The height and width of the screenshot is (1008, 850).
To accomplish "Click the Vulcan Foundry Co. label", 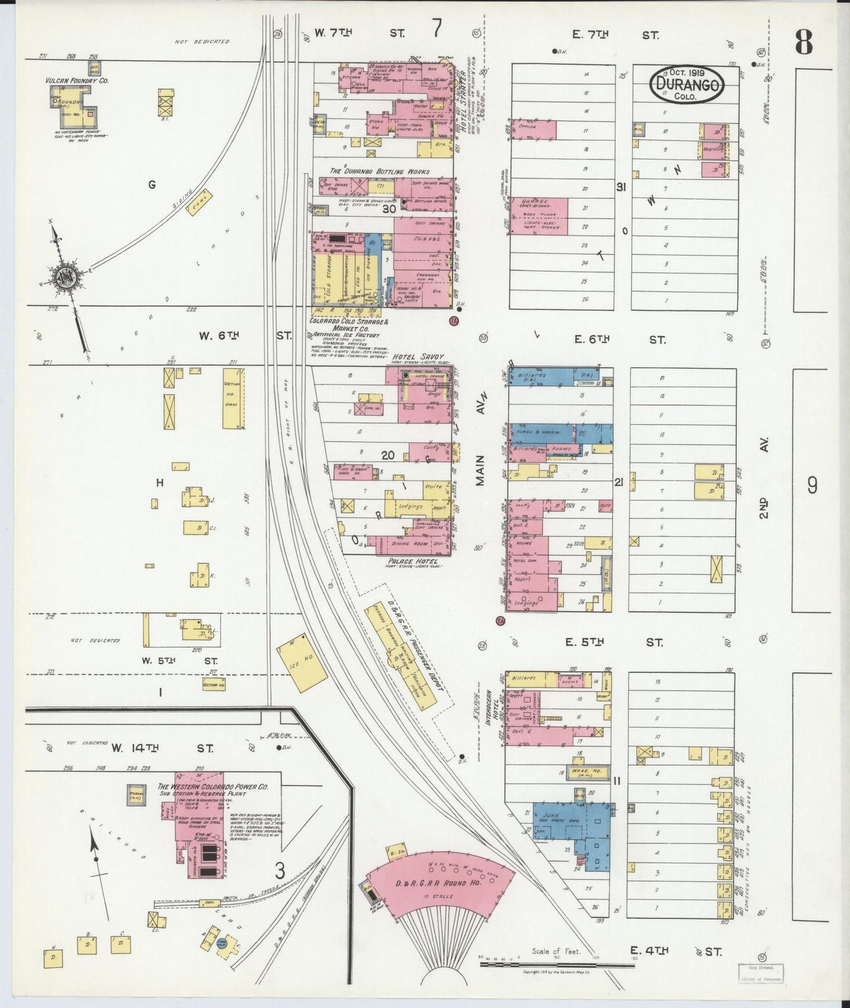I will (77, 79).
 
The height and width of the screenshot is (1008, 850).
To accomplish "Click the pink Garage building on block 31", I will (539, 216).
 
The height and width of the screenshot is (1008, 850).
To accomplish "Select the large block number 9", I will (812, 486).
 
